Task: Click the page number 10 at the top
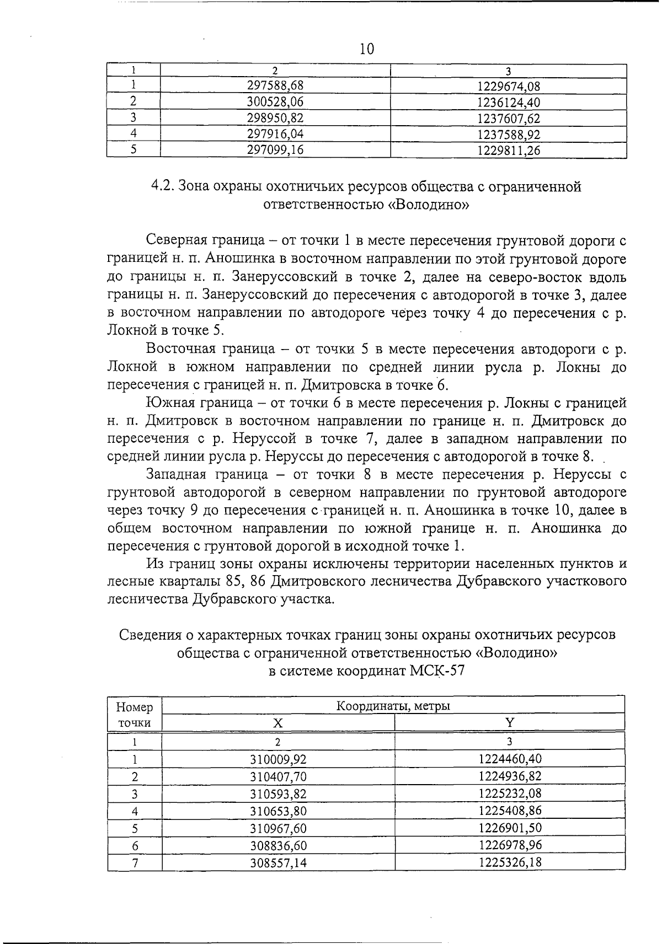pos(366,50)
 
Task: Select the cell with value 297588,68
pos(275,85)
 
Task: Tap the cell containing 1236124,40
pos(508,102)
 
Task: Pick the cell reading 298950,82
pos(275,118)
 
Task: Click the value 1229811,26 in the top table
pos(508,150)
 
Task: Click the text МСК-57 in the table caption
pos(437,671)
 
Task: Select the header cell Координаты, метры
pos(393,706)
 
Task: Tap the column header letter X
pos(278,723)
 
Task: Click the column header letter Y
pos(509,723)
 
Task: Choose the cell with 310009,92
pos(278,759)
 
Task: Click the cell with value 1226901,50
pos(510,828)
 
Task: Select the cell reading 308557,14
pos(278,862)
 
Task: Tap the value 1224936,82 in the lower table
pos(510,776)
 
